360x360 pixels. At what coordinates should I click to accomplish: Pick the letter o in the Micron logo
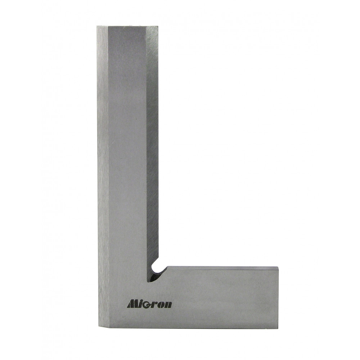[x=161, y=305]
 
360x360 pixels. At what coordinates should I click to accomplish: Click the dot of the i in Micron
[x=141, y=301]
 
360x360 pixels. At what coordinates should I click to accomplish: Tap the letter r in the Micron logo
[x=154, y=305]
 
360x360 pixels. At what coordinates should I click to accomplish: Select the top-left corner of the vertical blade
[x=96, y=26]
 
